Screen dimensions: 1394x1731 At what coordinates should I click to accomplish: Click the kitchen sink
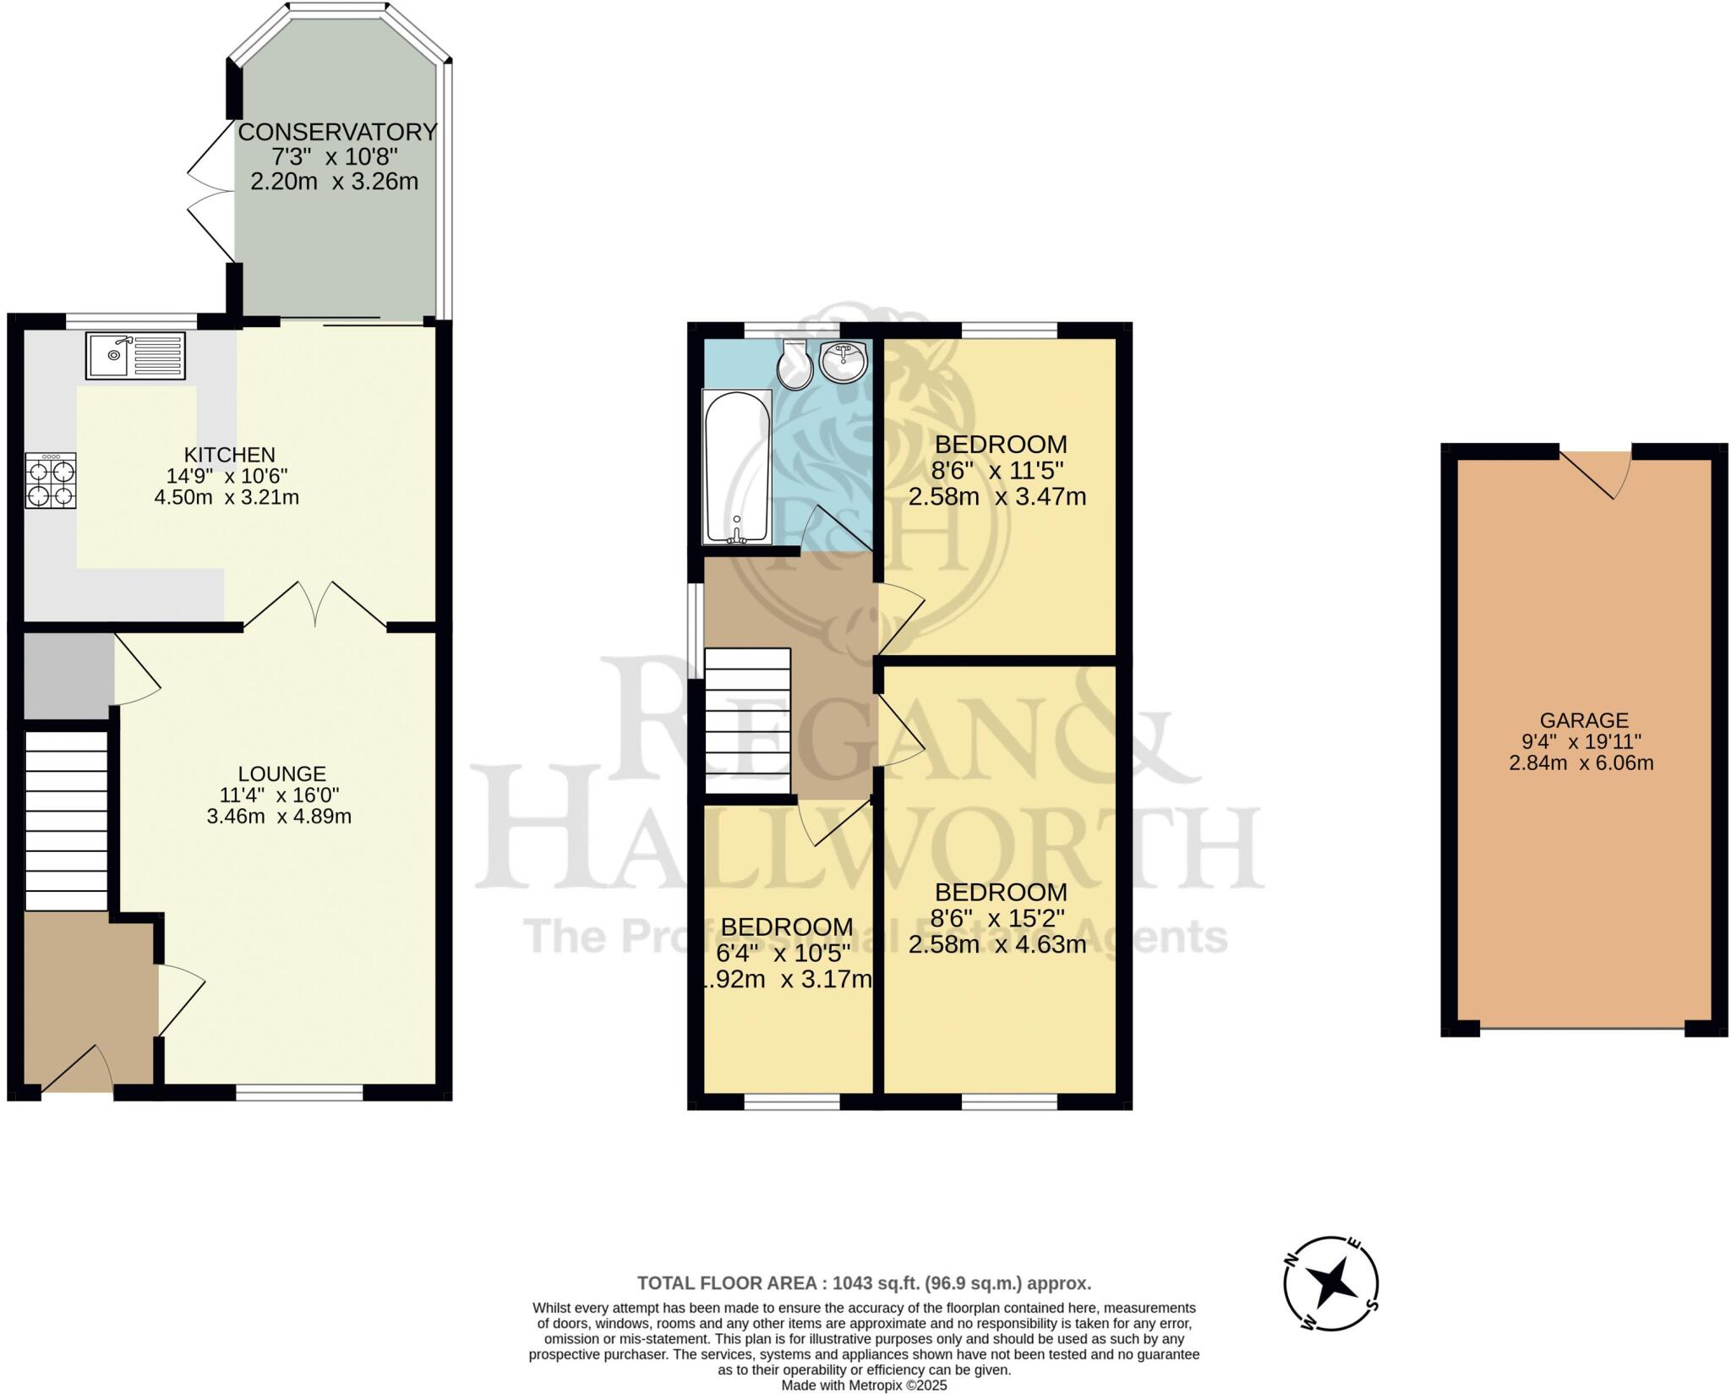pos(134,355)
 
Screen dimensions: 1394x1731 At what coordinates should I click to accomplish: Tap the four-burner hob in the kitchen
pos(51,480)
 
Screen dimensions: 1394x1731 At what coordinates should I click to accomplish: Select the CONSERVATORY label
pos(337,132)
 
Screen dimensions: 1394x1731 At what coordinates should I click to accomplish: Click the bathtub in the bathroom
pos(737,467)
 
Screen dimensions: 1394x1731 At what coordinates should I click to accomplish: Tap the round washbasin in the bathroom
pos(843,362)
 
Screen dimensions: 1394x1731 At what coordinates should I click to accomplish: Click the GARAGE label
pos(1584,720)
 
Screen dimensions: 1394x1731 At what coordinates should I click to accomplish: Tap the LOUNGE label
pos(281,774)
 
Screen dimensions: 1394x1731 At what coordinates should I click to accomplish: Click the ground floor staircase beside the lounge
pos(66,820)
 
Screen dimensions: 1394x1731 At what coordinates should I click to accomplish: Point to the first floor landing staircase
pos(747,720)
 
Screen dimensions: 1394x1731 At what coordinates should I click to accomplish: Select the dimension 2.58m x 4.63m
pos(997,944)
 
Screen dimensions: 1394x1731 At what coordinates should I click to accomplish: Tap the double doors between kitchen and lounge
pos(316,604)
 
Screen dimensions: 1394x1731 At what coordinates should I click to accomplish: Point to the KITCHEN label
pos(230,454)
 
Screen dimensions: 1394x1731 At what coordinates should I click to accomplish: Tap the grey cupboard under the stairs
pos(68,675)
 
